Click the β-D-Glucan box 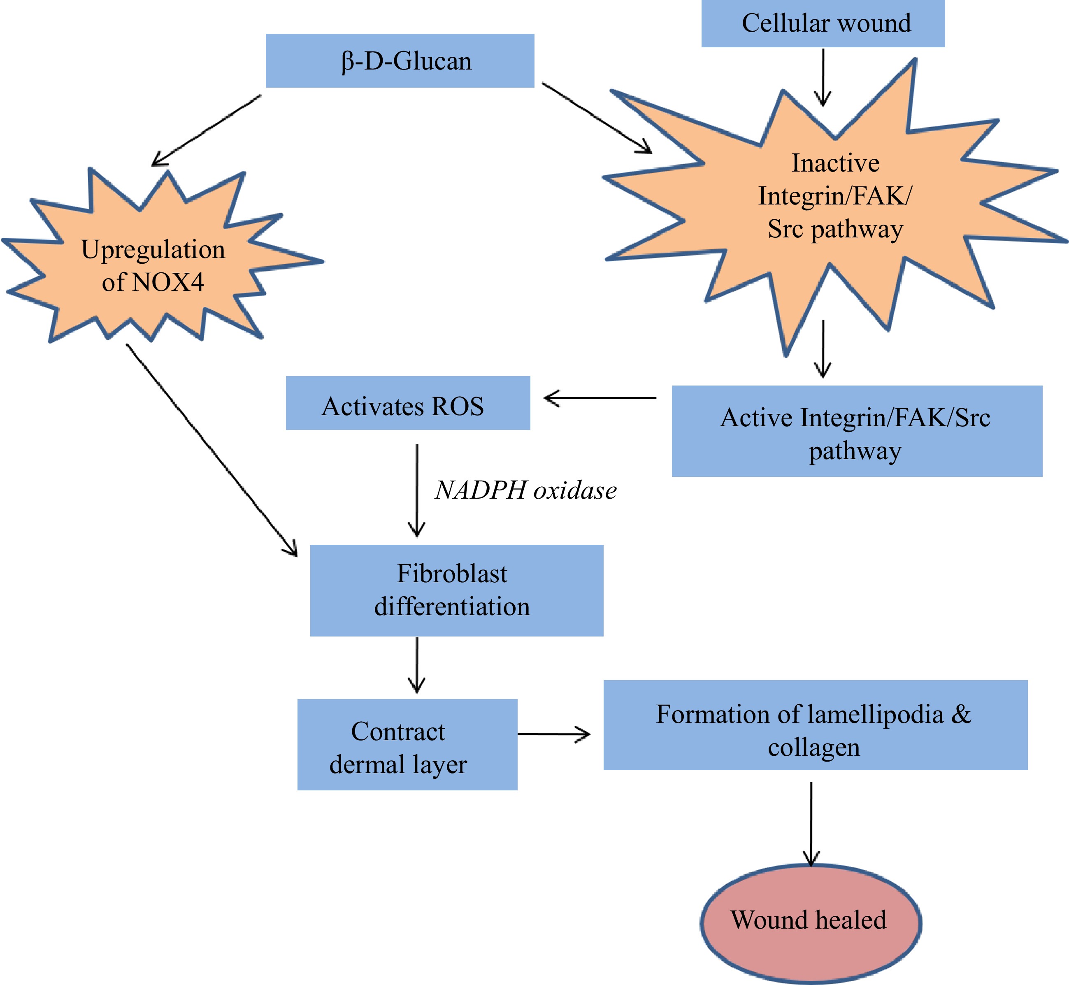click(400, 61)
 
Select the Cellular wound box click(823, 23)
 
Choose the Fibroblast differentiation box click(456, 590)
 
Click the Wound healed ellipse click(811, 920)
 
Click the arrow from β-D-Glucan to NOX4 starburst click(207, 130)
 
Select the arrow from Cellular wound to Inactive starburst click(823, 77)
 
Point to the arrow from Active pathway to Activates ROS click(600, 397)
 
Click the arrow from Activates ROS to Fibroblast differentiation click(417, 490)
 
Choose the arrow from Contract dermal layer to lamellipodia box click(554, 734)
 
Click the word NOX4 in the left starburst click(167, 282)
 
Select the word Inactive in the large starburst click(835, 163)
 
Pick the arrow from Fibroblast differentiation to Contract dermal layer click(417, 664)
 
